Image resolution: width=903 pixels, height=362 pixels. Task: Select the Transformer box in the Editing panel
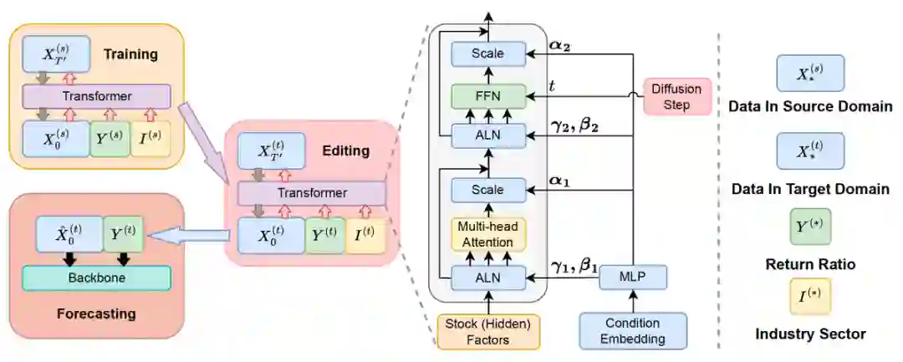tap(312, 193)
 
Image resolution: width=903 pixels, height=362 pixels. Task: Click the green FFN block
tap(487, 94)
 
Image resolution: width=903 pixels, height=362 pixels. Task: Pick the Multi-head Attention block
tap(487, 233)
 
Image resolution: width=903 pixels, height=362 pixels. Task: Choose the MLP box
tap(633, 276)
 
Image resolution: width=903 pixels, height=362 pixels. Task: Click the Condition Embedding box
tap(633, 330)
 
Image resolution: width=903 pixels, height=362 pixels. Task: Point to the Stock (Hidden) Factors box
tap(488, 330)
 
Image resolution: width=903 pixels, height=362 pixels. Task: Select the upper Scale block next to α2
tap(487, 54)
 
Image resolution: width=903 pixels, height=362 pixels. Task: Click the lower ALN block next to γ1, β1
tap(487, 277)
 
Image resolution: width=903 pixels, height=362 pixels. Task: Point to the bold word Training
tap(130, 54)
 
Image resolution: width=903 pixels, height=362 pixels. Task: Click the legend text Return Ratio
tap(810, 265)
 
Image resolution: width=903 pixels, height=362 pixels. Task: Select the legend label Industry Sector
tap(810, 334)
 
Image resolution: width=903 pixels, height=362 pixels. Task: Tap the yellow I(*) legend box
tap(810, 296)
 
